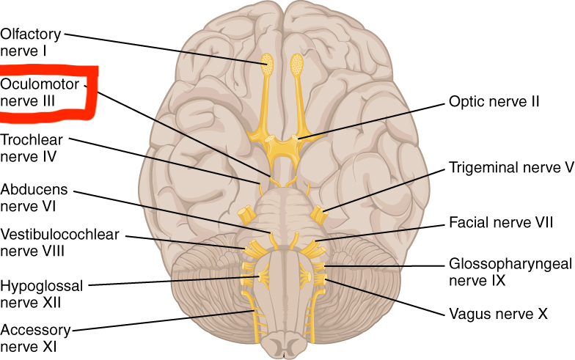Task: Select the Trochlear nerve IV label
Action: pos(29,147)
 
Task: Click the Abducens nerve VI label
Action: pos(29,196)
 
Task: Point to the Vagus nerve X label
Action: pos(499,315)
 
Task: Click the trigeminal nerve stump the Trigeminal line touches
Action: pos(320,215)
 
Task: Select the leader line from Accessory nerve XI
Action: pos(161,320)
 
